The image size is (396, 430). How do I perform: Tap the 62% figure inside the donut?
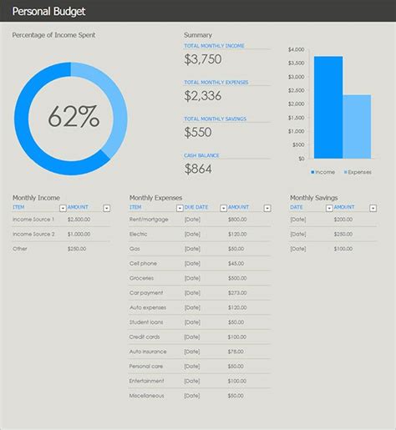pos(74,118)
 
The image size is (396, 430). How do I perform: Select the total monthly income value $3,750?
pos(203,59)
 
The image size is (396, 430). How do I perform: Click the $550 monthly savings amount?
pos(198,132)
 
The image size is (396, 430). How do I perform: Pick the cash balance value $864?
pos(198,169)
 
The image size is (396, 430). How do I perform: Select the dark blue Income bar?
pos(328,107)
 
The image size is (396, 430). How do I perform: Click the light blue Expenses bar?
pos(357,126)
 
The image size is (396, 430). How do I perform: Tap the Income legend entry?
pos(324,172)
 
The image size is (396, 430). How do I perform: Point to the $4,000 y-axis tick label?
pos(296,50)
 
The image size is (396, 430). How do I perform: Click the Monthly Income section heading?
pos(36,198)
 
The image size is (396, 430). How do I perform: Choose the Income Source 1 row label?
pos(33,219)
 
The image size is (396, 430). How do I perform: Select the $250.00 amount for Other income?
pos(78,248)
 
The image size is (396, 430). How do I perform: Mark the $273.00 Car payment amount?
pos(237,292)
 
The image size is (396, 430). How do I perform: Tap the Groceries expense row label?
pos(141,278)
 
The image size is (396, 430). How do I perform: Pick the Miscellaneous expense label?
pos(147,395)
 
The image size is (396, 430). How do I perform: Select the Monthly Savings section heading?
pos(315,198)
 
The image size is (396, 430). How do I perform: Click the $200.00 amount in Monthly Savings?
pos(343,219)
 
